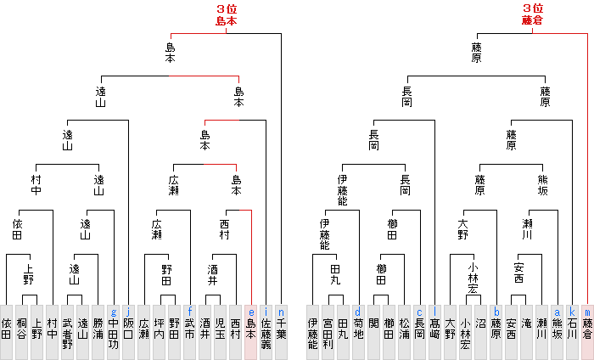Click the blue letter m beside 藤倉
[587, 312]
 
